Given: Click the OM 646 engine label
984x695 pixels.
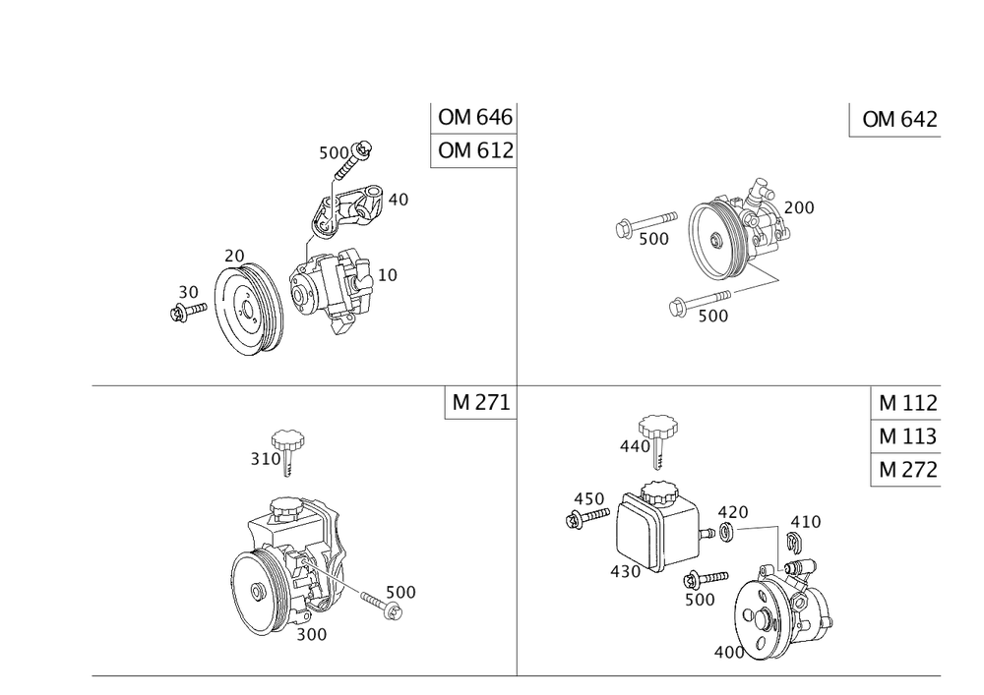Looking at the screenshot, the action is tap(475, 119).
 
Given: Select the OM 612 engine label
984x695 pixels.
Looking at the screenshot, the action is tap(475, 151).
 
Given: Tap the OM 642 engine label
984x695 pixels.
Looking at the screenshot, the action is tap(899, 120).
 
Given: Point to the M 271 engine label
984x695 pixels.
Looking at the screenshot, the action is tap(481, 403).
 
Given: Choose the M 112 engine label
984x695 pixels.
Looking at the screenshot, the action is tap(907, 403).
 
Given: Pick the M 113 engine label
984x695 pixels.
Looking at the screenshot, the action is tap(907, 435).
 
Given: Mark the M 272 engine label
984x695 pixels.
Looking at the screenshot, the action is tap(907, 469).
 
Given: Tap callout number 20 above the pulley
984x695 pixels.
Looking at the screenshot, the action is tap(234, 257).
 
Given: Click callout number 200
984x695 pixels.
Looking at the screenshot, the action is tap(800, 207).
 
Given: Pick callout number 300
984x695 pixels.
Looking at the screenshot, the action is tap(311, 635).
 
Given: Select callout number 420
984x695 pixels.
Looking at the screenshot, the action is tap(731, 513).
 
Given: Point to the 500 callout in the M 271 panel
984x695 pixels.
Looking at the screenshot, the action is tap(400, 592).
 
